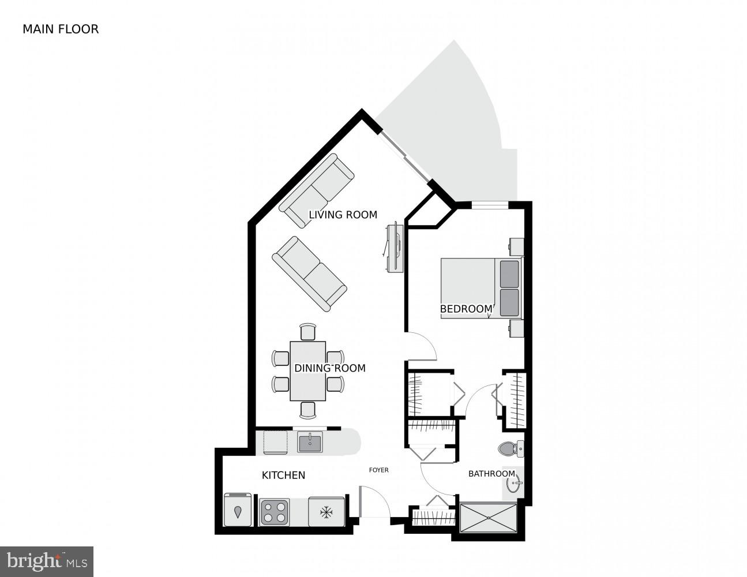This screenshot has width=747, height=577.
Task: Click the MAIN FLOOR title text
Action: (61, 29)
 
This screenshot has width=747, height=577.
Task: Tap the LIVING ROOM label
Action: (343, 215)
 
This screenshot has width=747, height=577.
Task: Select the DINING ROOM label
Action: (329, 368)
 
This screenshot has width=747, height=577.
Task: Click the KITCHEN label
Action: (283, 475)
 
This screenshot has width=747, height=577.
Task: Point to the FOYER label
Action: (378, 470)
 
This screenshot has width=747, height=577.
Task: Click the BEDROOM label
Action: (466, 309)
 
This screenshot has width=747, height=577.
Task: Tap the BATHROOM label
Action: (491, 474)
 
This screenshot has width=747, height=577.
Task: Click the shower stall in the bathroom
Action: (488, 517)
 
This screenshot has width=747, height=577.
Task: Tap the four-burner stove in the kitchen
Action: (274, 512)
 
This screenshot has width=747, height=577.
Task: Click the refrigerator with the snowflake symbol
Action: (326, 512)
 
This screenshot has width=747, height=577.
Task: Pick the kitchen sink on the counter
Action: (310, 443)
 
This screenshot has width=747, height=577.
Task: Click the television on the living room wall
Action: (395, 246)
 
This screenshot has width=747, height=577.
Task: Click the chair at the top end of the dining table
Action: (308, 332)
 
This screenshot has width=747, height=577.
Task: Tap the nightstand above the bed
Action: (516, 246)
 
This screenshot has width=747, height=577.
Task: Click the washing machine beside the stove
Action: (238, 509)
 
